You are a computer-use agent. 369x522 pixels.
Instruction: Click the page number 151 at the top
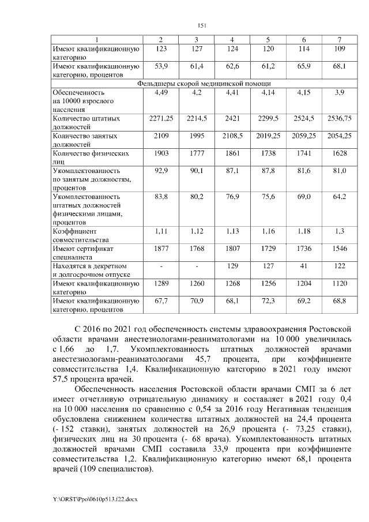click(x=202, y=25)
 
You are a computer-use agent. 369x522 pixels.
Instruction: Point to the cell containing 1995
click(x=197, y=136)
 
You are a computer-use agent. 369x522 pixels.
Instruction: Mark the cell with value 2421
click(x=232, y=118)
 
